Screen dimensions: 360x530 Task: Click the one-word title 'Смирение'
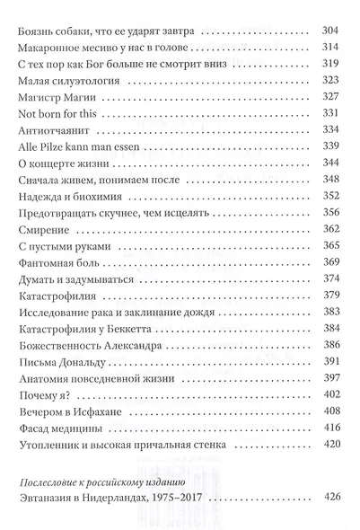point(40,258)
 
